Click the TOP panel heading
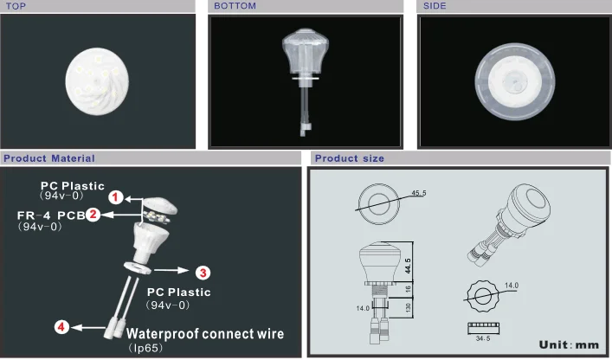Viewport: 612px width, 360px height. [x=16, y=6]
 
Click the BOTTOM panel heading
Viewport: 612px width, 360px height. [x=235, y=6]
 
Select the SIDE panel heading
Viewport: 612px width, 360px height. [x=435, y=6]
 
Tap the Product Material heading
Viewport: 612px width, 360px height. [x=49, y=158]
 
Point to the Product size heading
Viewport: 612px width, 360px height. [x=350, y=158]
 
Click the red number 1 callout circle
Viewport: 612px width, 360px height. [x=115, y=197]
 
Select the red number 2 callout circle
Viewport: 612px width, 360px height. [x=93, y=214]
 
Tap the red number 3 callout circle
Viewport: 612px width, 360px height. [x=203, y=273]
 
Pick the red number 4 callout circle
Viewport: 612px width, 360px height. [x=61, y=327]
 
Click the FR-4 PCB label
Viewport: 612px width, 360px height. [x=51, y=215]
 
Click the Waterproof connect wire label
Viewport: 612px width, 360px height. [x=205, y=334]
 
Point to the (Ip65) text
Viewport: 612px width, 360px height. [x=145, y=348]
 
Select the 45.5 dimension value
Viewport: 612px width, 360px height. [x=419, y=193]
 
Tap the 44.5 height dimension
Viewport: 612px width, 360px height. [x=408, y=266]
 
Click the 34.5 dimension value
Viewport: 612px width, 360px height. [x=483, y=338]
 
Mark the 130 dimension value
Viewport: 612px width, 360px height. [x=409, y=307]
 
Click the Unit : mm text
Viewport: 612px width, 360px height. [x=569, y=344]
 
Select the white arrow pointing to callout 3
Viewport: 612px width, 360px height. [x=171, y=270]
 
